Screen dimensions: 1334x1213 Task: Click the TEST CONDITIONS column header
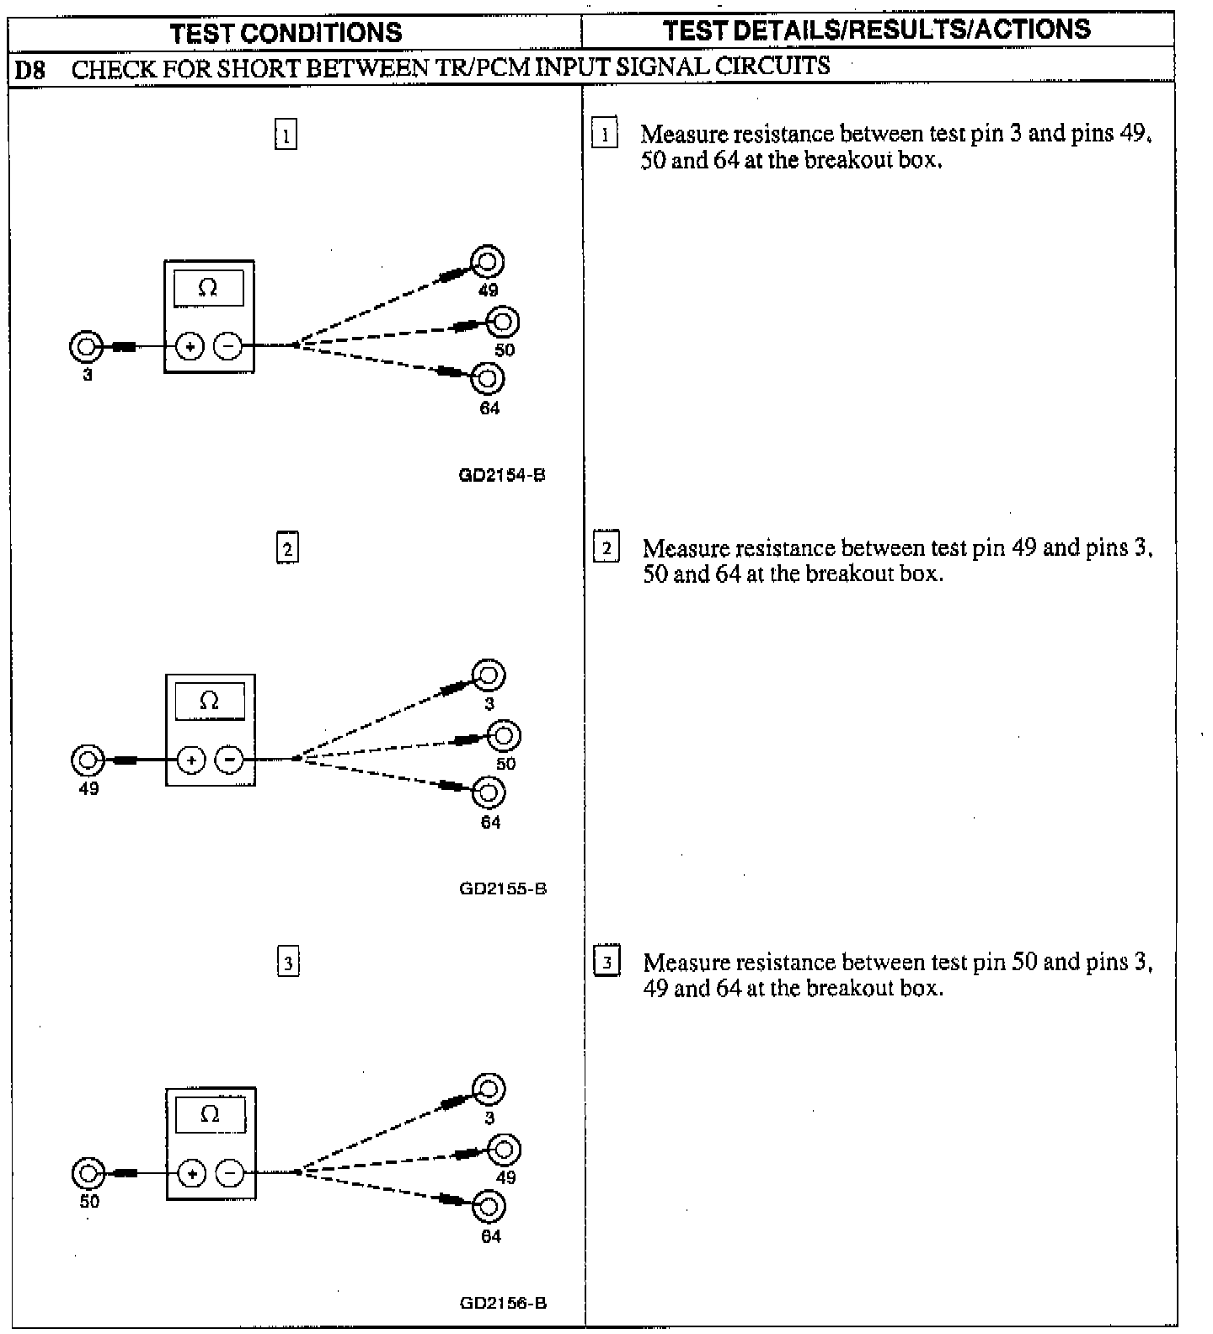point(286,33)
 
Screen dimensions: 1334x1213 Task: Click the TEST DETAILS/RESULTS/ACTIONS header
point(876,30)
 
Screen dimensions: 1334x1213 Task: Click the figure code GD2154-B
point(502,475)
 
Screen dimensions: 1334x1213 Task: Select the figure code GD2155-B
point(503,888)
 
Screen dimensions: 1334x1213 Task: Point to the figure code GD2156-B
point(503,1303)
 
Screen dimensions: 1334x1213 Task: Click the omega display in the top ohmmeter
point(208,289)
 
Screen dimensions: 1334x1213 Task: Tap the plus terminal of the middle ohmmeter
point(191,760)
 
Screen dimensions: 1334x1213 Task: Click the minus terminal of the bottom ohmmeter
point(230,1173)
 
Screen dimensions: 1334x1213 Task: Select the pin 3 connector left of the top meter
point(85,345)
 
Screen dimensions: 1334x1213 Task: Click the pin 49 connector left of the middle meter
point(87,760)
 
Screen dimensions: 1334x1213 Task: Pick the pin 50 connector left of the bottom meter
point(88,1173)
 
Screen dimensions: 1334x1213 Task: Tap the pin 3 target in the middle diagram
point(489,675)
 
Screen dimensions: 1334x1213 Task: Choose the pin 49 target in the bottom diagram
point(505,1150)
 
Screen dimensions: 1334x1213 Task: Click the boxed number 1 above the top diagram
point(286,135)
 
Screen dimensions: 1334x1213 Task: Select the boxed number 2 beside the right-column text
point(606,547)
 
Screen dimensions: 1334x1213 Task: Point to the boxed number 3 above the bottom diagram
point(288,962)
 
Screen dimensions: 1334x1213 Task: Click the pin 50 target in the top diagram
point(503,322)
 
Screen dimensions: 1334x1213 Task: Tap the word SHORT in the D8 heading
point(258,68)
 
